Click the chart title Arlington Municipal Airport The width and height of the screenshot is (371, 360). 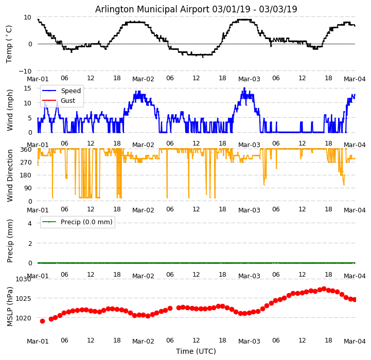click(x=196, y=9)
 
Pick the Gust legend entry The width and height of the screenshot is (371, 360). click(x=68, y=101)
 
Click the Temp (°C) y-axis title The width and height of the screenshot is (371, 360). click(x=9, y=44)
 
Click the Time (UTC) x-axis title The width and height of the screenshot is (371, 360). click(x=196, y=351)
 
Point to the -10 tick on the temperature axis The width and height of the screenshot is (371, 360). click(x=26, y=71)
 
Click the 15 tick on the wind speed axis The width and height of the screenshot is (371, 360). click(x=28, y=88)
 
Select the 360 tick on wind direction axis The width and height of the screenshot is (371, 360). click(x=26, y=150)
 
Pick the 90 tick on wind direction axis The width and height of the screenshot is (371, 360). click(x=28, y=188)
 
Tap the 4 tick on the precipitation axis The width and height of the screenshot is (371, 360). click(x=30, y=223)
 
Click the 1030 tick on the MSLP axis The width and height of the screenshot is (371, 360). click(x=23, y=279)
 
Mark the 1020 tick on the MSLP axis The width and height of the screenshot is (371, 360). click(x=23, y=318)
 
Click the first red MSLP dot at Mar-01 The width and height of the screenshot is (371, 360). click(x=42, y=321)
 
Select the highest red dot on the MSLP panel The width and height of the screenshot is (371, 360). click(x=324, y=289)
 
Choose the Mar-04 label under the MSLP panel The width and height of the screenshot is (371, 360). click(x=355, y=341)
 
